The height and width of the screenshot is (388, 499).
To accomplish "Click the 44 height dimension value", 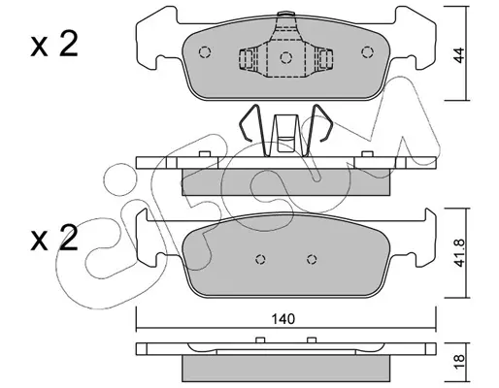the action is coord(459,55).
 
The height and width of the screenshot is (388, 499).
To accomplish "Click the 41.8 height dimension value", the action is coord(459,253).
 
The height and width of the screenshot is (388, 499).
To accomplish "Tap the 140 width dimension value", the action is coord(283,319).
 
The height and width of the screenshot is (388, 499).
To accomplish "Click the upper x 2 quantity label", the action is coord(54,45).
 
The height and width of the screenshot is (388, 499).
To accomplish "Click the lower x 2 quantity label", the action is coord(54,239).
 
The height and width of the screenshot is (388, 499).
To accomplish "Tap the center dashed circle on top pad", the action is coord(286,58).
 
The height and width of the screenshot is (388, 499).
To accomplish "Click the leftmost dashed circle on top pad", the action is coord(205,52).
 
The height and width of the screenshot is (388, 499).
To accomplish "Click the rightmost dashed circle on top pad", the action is coord(367,52).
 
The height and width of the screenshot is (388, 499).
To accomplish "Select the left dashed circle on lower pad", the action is coord(260,259).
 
